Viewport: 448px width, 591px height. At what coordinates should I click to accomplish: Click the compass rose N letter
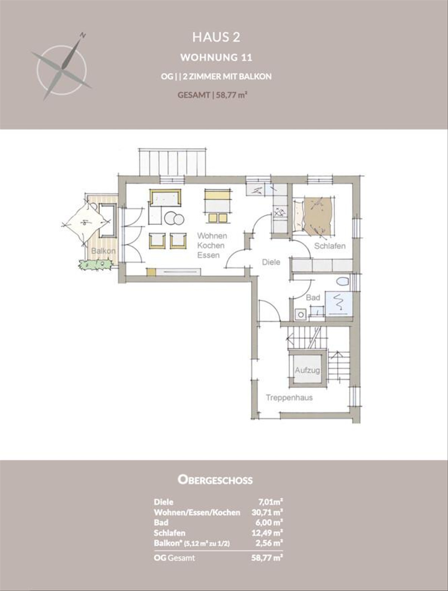coord(83,35)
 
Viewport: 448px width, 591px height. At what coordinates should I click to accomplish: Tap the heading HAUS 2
coord(216,37)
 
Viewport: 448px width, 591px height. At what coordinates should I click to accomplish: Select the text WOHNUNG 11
coord(216,57)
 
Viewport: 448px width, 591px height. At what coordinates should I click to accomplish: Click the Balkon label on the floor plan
coord(103,251)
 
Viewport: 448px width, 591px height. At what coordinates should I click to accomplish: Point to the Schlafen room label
coord(330,246)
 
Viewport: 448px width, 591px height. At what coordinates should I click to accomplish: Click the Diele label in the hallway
coord(271,262)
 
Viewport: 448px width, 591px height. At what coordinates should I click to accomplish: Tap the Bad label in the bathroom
coord(313,297)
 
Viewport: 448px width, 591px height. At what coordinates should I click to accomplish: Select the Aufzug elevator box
coord(307,370)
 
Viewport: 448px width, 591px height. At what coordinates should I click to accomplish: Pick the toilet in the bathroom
coord(343,282)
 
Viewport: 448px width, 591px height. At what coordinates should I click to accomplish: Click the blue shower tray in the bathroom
coord(339,304)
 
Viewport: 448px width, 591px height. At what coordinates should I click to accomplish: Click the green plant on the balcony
coord(95,264)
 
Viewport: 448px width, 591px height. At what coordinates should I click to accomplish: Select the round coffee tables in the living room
coord(174,218)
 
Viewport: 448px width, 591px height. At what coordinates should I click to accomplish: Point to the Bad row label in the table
coord(161,523)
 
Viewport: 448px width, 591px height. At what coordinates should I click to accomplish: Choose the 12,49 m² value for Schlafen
coord(267,533)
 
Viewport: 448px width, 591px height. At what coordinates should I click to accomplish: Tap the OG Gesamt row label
coord(174,557)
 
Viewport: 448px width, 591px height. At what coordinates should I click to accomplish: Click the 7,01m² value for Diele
coord(270,502)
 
